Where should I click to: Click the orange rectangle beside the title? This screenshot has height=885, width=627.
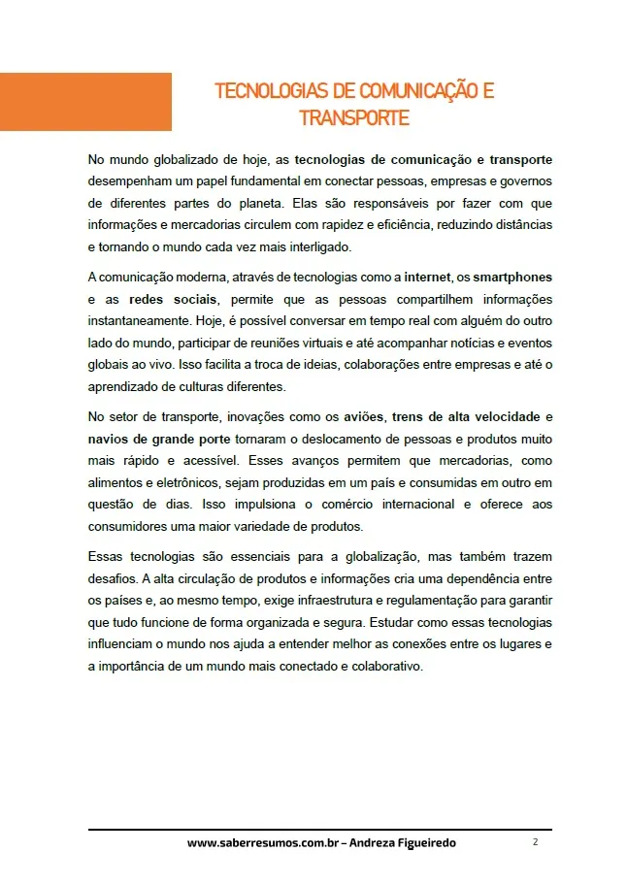pyautogui.click(x=85, y=102)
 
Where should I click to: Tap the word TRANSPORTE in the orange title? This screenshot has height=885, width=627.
pyautogui.click(x=354, y=118)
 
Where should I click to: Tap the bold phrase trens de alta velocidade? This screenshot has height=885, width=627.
pyautogui.click(x=465, y=417)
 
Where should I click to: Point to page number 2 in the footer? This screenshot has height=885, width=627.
pyautogui.click(x=535, y=842)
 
